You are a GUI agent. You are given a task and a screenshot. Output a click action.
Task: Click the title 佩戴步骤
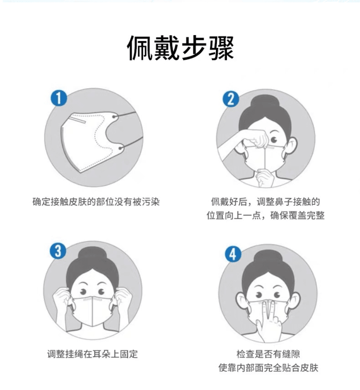(x=180, y=48)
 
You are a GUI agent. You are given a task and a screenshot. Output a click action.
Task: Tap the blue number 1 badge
(x=59, y=98)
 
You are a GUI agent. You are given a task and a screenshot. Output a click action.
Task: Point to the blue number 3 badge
(x=58, y=251)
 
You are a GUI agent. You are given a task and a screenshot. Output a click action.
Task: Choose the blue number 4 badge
(x=233, y=254)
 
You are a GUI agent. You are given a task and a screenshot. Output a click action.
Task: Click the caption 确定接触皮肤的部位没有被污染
(x=96, y=202)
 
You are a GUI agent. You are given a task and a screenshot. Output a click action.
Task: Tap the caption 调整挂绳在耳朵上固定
(x=92, y=354)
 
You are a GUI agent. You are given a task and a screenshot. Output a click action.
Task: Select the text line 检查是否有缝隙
(x=268, y=354)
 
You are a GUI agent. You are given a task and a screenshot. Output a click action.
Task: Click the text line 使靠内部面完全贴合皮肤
(x=268, y=368)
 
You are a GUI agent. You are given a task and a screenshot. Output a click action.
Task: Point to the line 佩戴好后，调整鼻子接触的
(x=266, y=202)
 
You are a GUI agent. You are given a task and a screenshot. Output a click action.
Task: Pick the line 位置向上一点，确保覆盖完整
(x=266, y=215)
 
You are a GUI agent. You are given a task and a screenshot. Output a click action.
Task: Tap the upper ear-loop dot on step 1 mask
(x=114, y=117)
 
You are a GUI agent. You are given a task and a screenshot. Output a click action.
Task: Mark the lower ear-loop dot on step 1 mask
(x=121, y=149)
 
